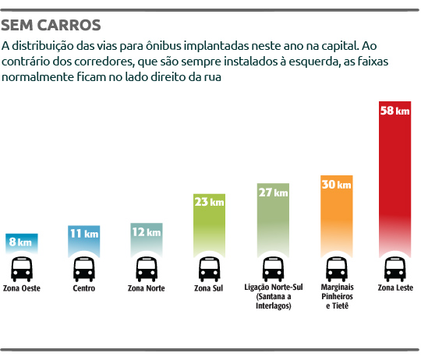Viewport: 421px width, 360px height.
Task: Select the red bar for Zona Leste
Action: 394,179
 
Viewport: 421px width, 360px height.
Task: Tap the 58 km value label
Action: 394,111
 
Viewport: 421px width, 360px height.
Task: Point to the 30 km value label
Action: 337,185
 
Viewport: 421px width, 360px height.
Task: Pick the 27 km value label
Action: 273,192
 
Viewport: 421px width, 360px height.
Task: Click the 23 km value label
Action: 210,202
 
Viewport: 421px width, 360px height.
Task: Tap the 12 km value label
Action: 146,231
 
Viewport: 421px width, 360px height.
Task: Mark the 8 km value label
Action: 20,242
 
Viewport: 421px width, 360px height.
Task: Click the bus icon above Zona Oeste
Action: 20,270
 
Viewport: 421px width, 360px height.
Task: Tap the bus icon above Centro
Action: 83,270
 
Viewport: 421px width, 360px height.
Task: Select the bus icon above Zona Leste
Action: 394,270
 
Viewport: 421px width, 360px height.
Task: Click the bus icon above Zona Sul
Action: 210,270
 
